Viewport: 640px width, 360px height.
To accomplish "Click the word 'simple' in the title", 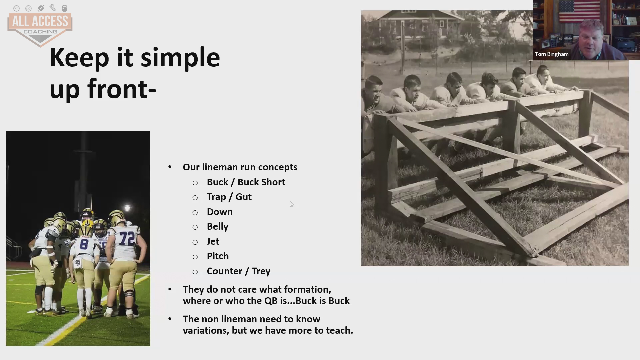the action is tap(180, 58).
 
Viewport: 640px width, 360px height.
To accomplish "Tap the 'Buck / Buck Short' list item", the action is tap(246, 182).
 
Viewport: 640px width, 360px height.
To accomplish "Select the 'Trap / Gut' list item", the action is tap(229, 197).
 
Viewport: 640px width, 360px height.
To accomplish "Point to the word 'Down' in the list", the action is tap(220, 212).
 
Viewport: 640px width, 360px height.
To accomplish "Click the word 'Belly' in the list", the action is tap(218, 227).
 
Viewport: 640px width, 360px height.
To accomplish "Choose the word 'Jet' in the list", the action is tap(213, 241).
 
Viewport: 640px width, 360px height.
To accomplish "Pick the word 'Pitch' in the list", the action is tap(218, 256).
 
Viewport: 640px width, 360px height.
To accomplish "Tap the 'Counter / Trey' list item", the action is tap(239, 271).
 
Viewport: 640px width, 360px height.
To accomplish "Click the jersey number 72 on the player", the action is tap(127, 238).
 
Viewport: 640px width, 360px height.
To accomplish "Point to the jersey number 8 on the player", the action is tap(84, 244).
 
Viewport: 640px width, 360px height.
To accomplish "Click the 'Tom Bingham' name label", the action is tap(552, 54).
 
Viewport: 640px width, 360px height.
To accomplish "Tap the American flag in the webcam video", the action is tap(579, 11).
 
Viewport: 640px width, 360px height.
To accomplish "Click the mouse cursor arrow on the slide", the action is tap(291, 204).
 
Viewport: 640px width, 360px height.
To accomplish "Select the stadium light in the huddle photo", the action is tap(127, 208).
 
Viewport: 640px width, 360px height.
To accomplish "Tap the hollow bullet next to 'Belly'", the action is tap(195, 227).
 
